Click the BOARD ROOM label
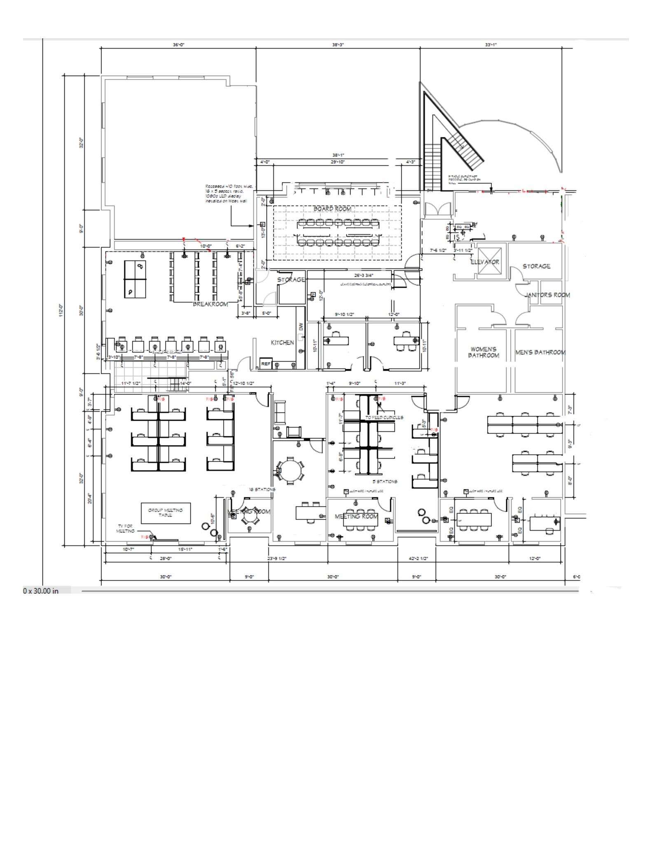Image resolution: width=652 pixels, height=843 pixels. click(332, 209)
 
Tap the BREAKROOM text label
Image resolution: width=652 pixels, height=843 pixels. click(210, 304)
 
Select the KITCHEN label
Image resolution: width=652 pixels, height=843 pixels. click(282, 342)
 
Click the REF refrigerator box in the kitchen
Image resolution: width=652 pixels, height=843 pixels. click(266, 364)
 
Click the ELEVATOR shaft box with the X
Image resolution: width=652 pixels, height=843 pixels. click(489, 261)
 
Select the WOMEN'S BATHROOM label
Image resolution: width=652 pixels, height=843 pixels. click(483, 352)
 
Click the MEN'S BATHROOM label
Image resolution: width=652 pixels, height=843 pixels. click(540, 352)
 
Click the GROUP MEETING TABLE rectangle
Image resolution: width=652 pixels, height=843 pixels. click(166, 513)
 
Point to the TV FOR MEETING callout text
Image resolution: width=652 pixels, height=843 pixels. click(125, 529)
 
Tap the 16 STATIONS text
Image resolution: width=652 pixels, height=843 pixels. click(262, 489)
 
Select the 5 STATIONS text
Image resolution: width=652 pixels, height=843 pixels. click(385, 481)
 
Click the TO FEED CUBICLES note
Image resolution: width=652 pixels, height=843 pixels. click(384, 417)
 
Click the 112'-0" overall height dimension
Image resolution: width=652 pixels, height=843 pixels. click(61, 310)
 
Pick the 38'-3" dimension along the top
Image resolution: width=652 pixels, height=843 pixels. click(338, 44)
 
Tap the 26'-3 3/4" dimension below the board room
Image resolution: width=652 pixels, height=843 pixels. click(363, 275)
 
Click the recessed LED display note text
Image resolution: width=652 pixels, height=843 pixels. click(229, 193)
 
